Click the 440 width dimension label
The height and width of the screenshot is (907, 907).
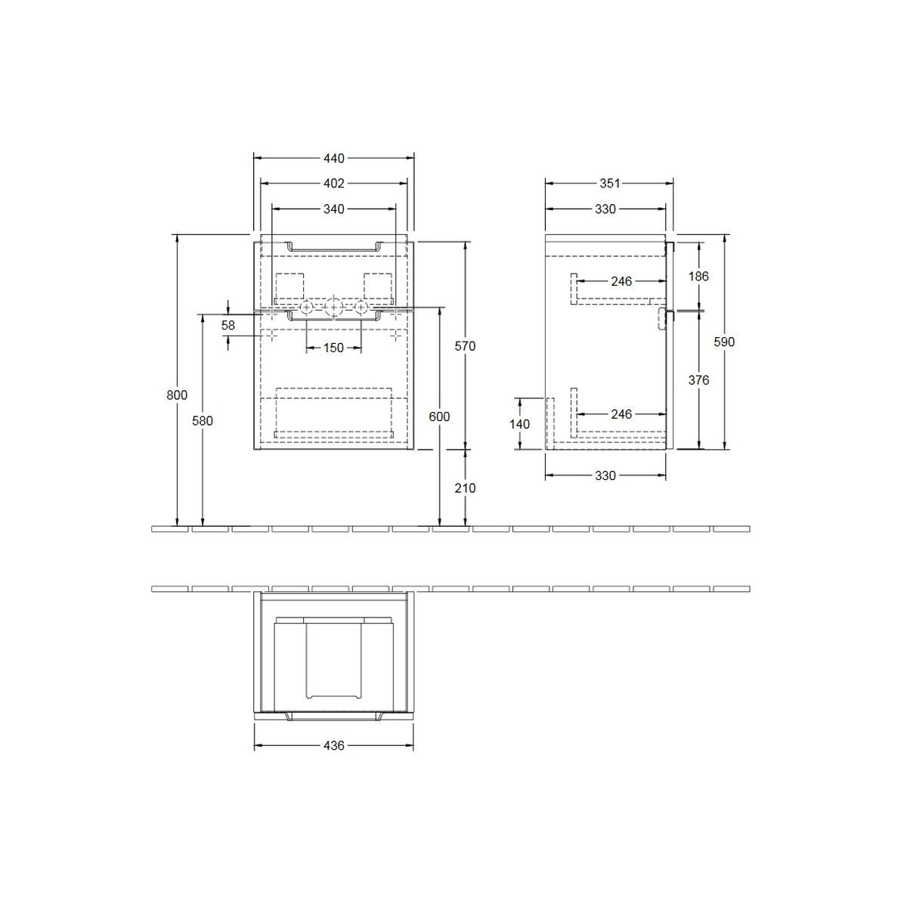[x=334, y=159]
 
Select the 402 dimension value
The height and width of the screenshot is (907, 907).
[x=334, y=184]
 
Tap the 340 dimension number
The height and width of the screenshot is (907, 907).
[x=334, y=209]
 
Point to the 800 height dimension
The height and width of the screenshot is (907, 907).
[x=177, y=395]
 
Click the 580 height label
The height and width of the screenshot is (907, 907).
[x=203, y=421]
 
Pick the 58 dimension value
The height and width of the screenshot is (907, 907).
[x=228, y=325]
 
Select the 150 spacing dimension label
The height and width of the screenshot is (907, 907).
[x=334, y=348]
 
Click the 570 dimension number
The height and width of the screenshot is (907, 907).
[x=465, y=346]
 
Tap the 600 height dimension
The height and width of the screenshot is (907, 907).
[x=439, y=416]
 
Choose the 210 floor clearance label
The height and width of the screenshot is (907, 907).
[x=465, y=488]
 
